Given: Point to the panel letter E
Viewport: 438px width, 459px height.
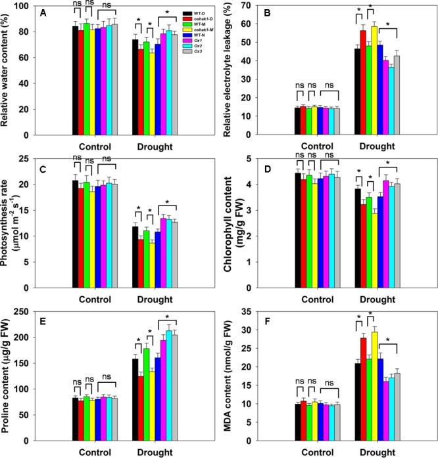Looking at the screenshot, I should pyautogui.click(x=57, y=317).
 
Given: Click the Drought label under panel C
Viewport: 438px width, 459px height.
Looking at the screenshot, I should pyautogui.click(x=155, y=299).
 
